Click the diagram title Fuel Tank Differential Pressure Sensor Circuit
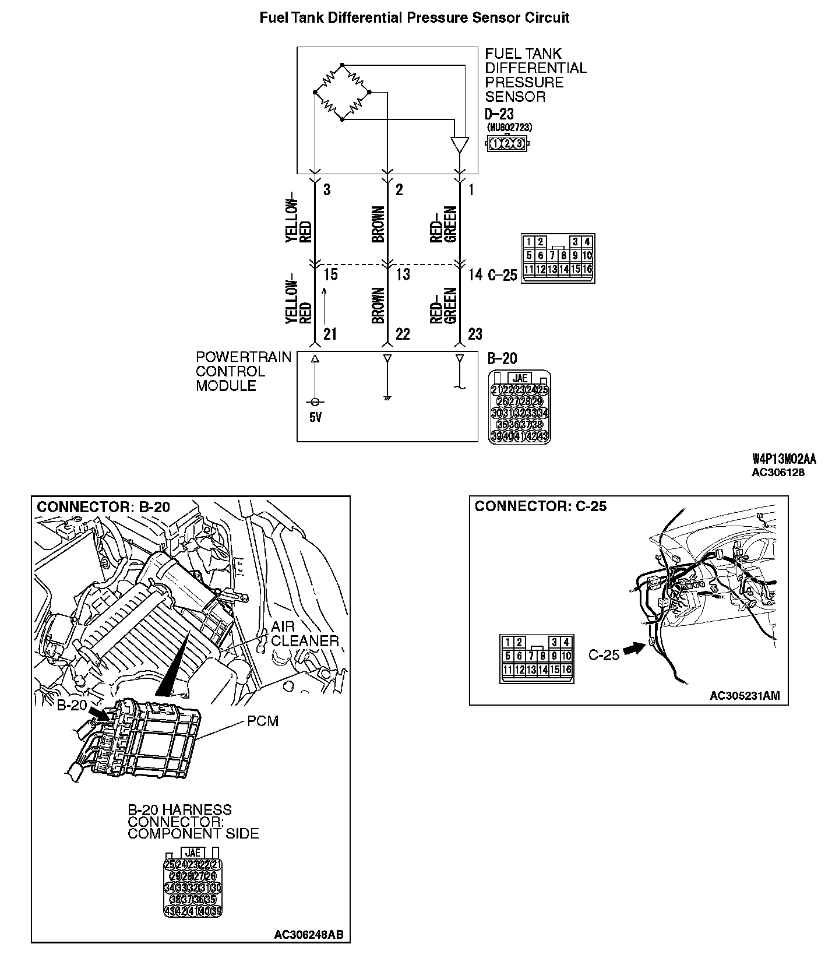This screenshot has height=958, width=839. click(x=414, y=18)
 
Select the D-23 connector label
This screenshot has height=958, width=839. click(x=499, y=114)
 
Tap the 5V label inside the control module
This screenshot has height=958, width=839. click(x=315, y=417)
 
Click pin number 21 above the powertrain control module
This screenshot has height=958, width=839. click(x=330, y=334)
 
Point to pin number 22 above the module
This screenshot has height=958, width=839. click(x=403, y=334)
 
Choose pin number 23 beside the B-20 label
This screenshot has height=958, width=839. click(x=475, y=334)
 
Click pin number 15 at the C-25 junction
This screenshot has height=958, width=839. click(x=330, y=274)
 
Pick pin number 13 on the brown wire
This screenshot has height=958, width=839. click(x=403, y=274)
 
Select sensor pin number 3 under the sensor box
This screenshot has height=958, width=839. click(x=327, y=190)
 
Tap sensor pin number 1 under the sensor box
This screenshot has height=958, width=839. click(x=471, y=190)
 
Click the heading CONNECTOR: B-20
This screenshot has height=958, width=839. click(x=103, y=507)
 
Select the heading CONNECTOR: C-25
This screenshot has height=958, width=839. click(x=540, y=506)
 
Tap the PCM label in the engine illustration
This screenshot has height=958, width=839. click(x=263, y=721)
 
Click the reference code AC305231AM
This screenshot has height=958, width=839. click(x=744, y=696)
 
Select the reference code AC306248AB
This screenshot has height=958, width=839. click(x=308, y=935)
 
